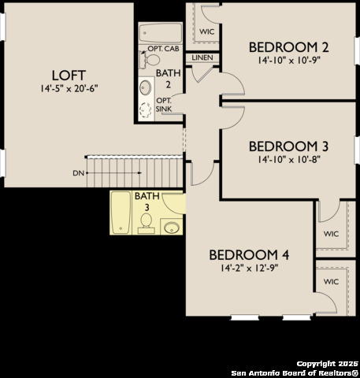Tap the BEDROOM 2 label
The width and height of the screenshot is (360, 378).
click(x=289, y=46)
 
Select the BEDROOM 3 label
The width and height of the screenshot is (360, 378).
click(x=289, y=146)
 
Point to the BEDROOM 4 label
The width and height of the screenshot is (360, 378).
click(x=249, y=254)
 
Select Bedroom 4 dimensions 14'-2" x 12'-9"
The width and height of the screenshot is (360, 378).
click(x=249, y=268)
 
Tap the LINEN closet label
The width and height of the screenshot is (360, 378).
click(x=202, y=57)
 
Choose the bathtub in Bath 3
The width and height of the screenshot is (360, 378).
click(x=121, y=213)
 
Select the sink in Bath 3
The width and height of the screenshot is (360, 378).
click(x=173, y=228)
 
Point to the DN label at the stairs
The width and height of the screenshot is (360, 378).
click(x=78, y=172)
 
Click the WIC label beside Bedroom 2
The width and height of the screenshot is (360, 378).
click(x=207, y=31)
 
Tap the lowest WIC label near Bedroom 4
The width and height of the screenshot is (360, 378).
click(x=332, y=281)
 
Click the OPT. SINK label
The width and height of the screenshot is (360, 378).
click(x=164, y=105)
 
